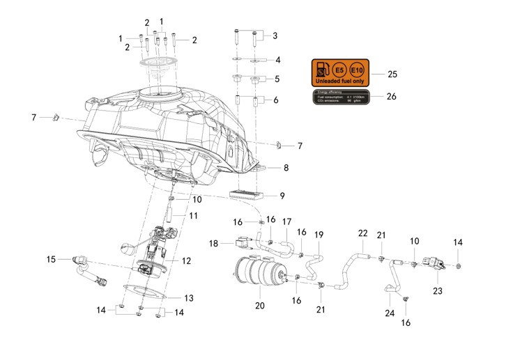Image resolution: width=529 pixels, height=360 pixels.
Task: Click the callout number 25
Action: click(x=392, y=74)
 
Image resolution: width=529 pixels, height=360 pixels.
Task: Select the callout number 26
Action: click(x=392, y=97)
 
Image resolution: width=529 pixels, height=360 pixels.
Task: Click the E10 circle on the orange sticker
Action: click(x=355, y=70)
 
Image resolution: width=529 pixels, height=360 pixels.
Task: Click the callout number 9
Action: click(x=282, y=196)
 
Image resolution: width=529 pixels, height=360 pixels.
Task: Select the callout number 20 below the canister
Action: click(x=260, y=305)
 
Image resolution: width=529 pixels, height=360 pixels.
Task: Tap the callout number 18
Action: click(x=214, y=244)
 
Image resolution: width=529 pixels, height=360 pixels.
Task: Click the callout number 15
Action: click(x=51, y=260)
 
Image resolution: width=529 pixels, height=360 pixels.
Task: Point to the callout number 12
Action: click(x=186, y=261)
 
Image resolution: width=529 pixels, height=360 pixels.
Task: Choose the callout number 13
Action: click(x=188, y=298)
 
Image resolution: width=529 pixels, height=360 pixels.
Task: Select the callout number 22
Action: click(x=362, y=233)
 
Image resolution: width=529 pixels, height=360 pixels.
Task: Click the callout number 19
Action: click(x=319, y=235)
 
